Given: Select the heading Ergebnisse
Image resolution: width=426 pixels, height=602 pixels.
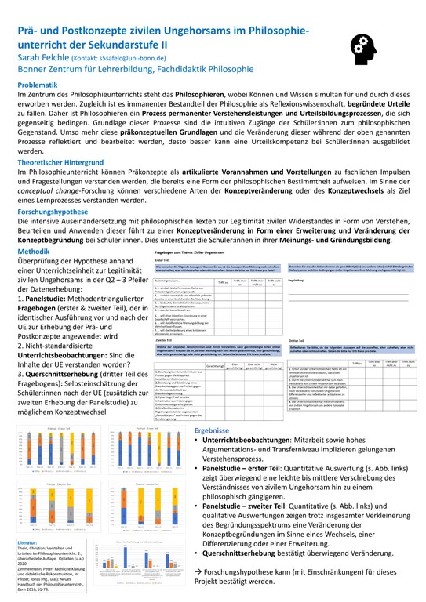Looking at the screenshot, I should click(212, 430).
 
